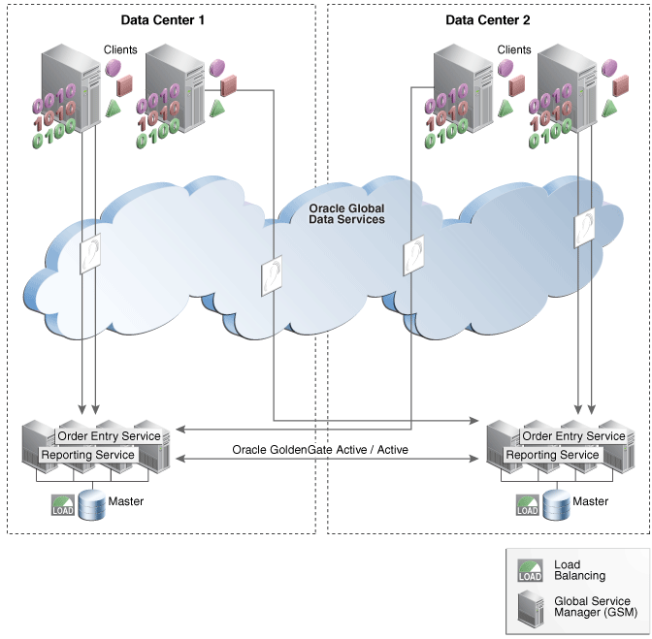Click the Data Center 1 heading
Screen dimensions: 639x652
coord(161,19)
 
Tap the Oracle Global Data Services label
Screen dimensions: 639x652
coord(346,213)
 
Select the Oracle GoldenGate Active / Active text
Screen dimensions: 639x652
coord(320,450)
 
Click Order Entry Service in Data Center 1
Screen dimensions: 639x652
coord(114,435)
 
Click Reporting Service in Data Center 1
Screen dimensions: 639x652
coord(87,454)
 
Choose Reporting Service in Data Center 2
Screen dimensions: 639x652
coord(553,454)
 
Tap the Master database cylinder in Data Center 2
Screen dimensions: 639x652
coord(556,503)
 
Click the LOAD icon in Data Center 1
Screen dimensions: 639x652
coord(63,503)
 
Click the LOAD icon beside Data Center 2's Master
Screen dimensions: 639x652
coord(528,503)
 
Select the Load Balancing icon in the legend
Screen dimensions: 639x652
coord(531,570)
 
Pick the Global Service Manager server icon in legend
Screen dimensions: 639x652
coord(531,608)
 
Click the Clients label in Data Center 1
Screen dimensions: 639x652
coord(120,49)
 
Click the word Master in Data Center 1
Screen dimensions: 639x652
coord(127,501)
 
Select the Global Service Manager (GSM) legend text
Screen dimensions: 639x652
coord(592,608)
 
